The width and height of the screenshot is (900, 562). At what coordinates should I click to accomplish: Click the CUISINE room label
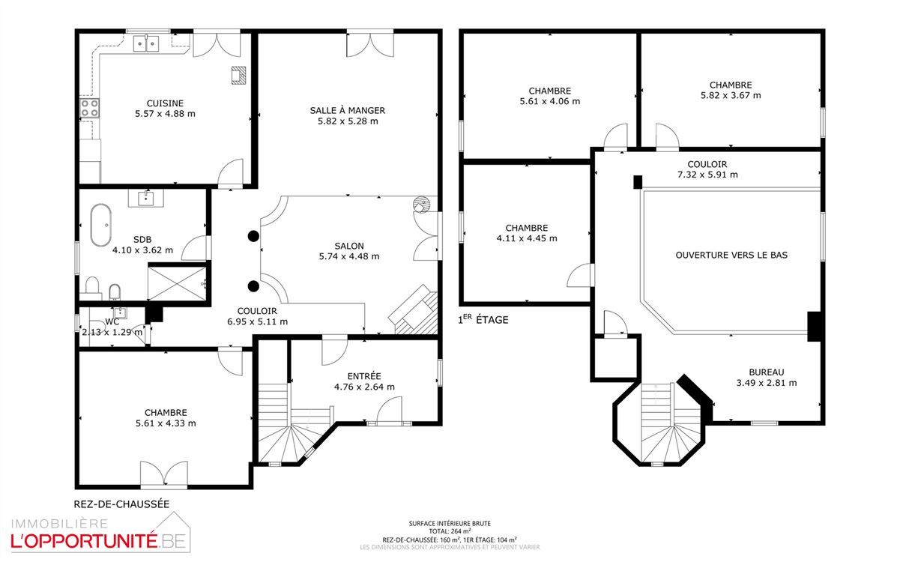(x=165, y=103)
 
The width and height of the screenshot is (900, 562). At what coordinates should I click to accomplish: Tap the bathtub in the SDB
(x=100, y=225)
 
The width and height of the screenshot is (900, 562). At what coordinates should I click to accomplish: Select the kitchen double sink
(x=146, y=43)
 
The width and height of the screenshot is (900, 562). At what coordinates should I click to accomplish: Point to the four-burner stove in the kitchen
(x=89, y=108)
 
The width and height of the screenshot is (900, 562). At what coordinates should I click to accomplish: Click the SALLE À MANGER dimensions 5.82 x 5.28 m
(x=348, y=121)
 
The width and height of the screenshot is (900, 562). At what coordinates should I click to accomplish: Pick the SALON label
(x=349, y=246)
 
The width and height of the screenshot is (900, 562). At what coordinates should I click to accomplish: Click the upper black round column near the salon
(x=253, y=236)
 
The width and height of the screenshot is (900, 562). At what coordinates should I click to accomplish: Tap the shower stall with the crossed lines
(x=177, y=283)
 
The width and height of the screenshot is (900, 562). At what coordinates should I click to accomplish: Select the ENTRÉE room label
(x=364, y=376)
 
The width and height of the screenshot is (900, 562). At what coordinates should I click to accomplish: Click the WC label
(x=112, y=321)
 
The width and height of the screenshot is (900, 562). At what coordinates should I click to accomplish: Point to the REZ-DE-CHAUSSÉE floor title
(x=121, y=504)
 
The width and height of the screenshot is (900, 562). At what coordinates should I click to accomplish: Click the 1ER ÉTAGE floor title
(x=483, y=319)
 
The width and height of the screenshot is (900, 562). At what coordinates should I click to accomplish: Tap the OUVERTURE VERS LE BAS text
(x=731, y=255)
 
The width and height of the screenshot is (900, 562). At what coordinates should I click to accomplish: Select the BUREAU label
(x=766, y=372)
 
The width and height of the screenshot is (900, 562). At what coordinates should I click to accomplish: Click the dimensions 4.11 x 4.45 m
(x=527, y=238)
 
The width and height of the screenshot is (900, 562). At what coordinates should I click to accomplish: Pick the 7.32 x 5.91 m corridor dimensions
(x=707, y=175)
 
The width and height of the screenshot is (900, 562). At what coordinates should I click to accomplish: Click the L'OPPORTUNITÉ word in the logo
(x=84, y=541)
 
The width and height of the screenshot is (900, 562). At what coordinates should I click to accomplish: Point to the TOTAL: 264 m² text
(x=450, y=531)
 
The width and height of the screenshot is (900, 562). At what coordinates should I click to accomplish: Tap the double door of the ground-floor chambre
(x=164, y=474)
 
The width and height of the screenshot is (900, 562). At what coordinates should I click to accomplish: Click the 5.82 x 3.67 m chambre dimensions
(x=731, y=96)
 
